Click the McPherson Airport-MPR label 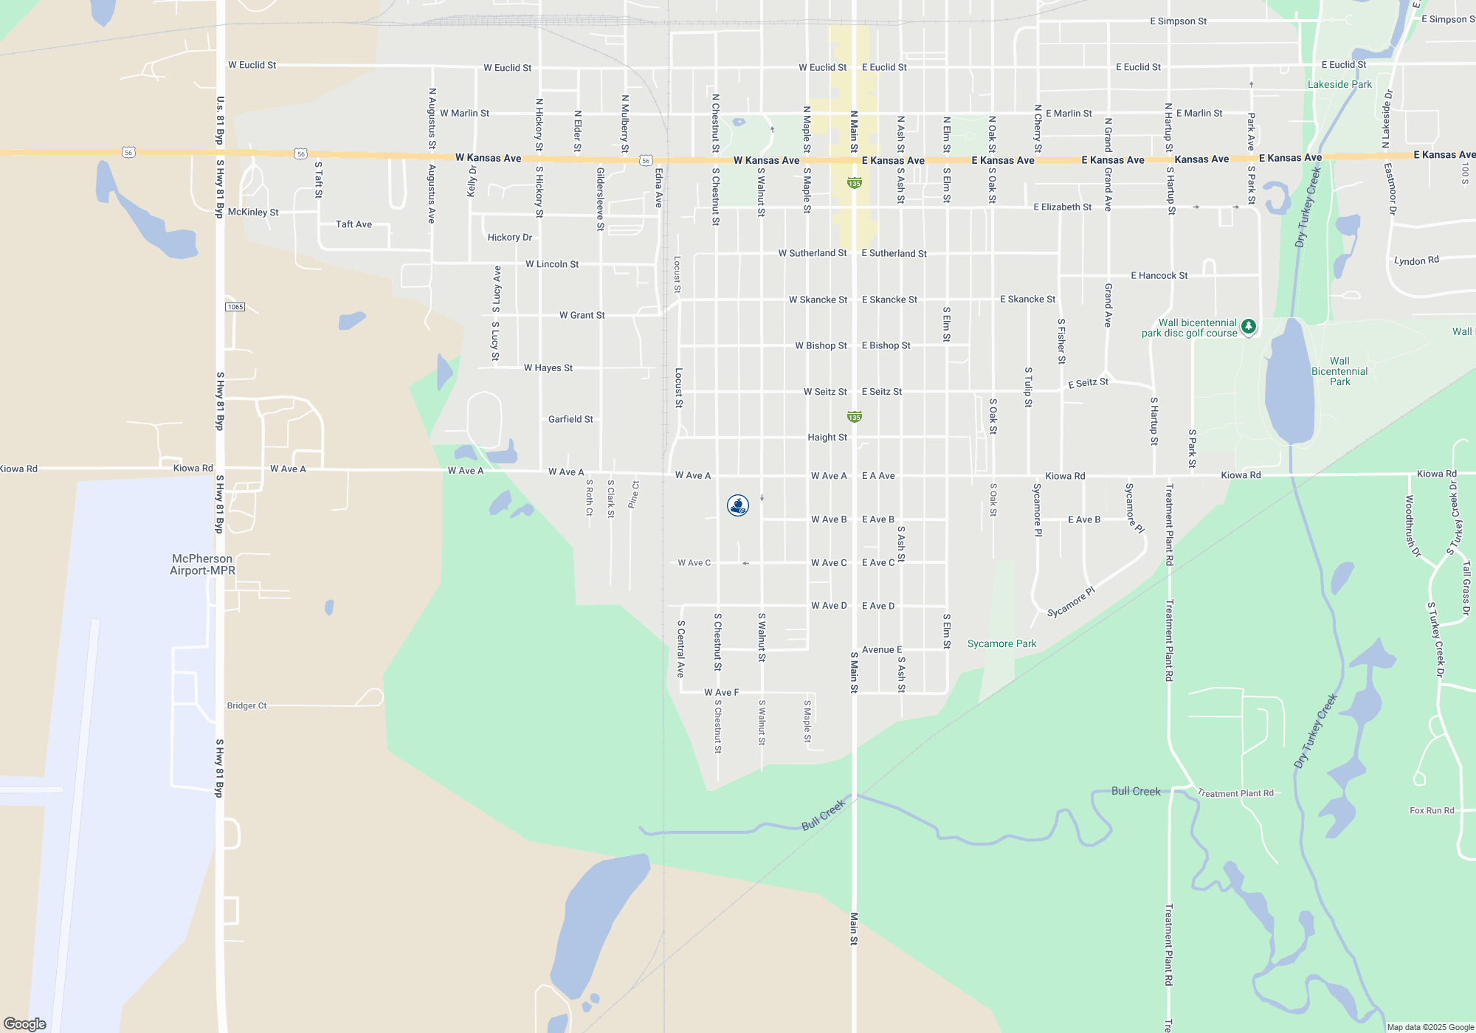(202, 564)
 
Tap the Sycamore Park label (1001, 644)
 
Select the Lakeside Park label (1339, 85)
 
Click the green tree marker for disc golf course (1248, 326)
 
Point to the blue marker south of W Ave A (738, 505)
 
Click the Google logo (25, 1024)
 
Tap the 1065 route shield (235, 307)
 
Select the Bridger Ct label (246, 706)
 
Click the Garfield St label (570, 419)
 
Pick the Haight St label (827, 438)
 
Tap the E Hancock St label (1159, 276)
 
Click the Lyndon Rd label (1416, 260)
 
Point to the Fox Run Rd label (1432, 810)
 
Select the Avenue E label (882, 650)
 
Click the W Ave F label (721, 693)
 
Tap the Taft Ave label (354, 224)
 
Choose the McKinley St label (253, 213)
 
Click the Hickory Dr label (509, 238)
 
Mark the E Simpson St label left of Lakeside (1178, 21)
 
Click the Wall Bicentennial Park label (1339, 372)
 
